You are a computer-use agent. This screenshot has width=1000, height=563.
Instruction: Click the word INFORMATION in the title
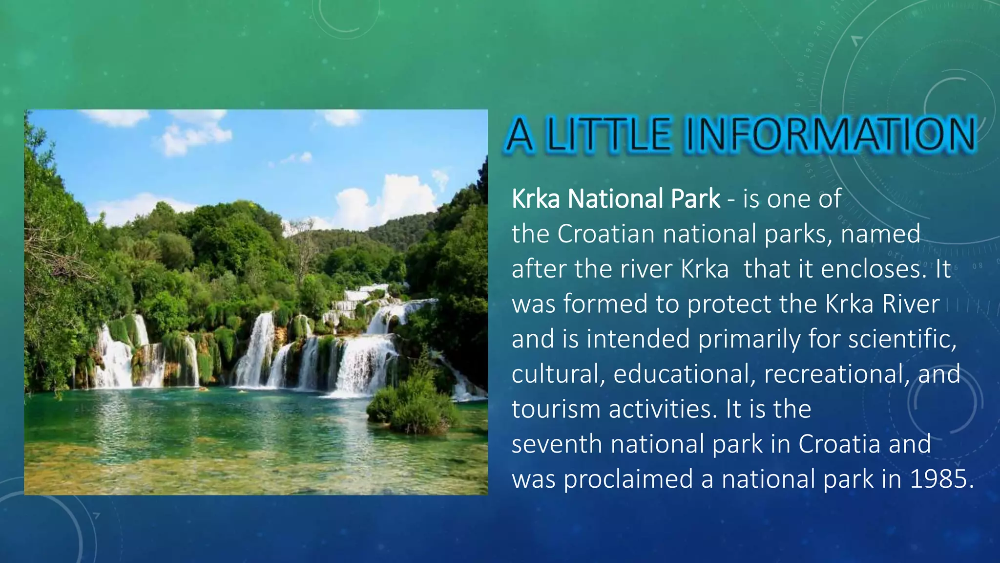830,134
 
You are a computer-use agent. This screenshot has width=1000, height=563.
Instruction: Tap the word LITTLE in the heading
608,134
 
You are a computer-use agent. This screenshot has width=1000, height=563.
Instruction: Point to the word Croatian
605,234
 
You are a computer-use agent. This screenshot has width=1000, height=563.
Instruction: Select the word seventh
557,444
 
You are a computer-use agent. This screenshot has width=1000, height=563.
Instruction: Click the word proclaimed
628,478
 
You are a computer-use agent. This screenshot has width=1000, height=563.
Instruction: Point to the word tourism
556,409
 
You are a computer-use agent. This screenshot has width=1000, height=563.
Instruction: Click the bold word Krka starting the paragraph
535,199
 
